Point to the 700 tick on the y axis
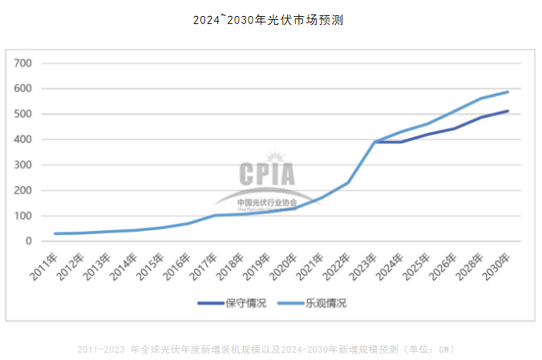click(23, 63)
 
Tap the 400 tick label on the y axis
click(23, 140)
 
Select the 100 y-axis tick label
click(23, 216)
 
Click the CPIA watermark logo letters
click(266, 174)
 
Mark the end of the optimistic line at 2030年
click(508, 91)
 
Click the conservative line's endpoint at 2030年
click(508, 111)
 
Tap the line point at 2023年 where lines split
click(374, 142)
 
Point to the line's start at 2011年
click(55, 233)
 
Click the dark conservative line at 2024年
click(401, 142)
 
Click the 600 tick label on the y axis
click(23, 89)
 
